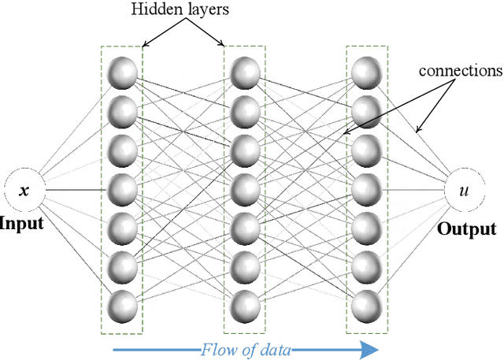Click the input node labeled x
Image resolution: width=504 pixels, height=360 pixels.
pos(23,190)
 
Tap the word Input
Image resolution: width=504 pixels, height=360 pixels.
pos(23,223)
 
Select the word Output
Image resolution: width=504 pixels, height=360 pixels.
pos(465,229)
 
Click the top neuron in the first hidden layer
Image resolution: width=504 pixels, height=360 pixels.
pos(122,72)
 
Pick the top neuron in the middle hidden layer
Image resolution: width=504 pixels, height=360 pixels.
pos(245,72)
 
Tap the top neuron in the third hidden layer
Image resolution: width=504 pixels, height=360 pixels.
pos(366,72)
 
